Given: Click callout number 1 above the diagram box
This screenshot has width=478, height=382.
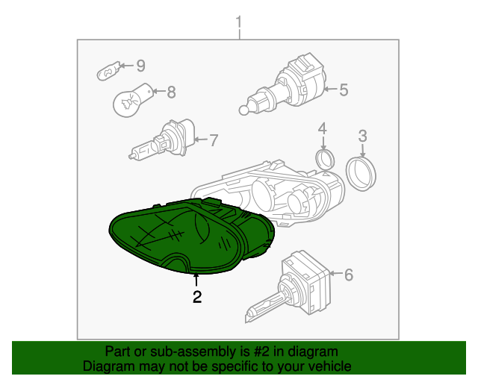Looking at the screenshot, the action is click(x=239, y=22).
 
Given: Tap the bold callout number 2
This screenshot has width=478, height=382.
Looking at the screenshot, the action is click(x=197, y=297).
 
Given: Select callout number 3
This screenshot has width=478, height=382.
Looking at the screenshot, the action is click(x=362, y=136).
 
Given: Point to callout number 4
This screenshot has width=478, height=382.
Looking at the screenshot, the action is click(x=323, y=128).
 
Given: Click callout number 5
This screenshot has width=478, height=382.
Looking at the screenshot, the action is click(x=344, y=90).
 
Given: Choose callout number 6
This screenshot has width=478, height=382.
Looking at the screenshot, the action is click(x=349, y=275).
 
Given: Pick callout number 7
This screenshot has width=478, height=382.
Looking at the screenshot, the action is click(x=214, y=140).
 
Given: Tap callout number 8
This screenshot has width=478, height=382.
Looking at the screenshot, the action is click(x=172, y=92).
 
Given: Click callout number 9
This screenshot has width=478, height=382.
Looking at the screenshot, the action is click(x=140, y=66).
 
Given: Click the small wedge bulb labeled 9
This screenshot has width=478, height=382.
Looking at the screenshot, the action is click(x=108, y=71).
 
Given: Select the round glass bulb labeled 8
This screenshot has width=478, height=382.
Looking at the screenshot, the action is click(x=131, y=100).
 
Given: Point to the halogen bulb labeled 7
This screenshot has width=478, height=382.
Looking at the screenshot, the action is click(x=162, y=140).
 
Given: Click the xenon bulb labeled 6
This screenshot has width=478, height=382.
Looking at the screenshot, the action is click(x=288, y=286).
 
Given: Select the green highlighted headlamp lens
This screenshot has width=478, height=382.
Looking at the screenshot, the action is click(x=191, y=236).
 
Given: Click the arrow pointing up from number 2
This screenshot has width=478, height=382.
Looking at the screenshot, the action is click(x=196, y=281).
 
